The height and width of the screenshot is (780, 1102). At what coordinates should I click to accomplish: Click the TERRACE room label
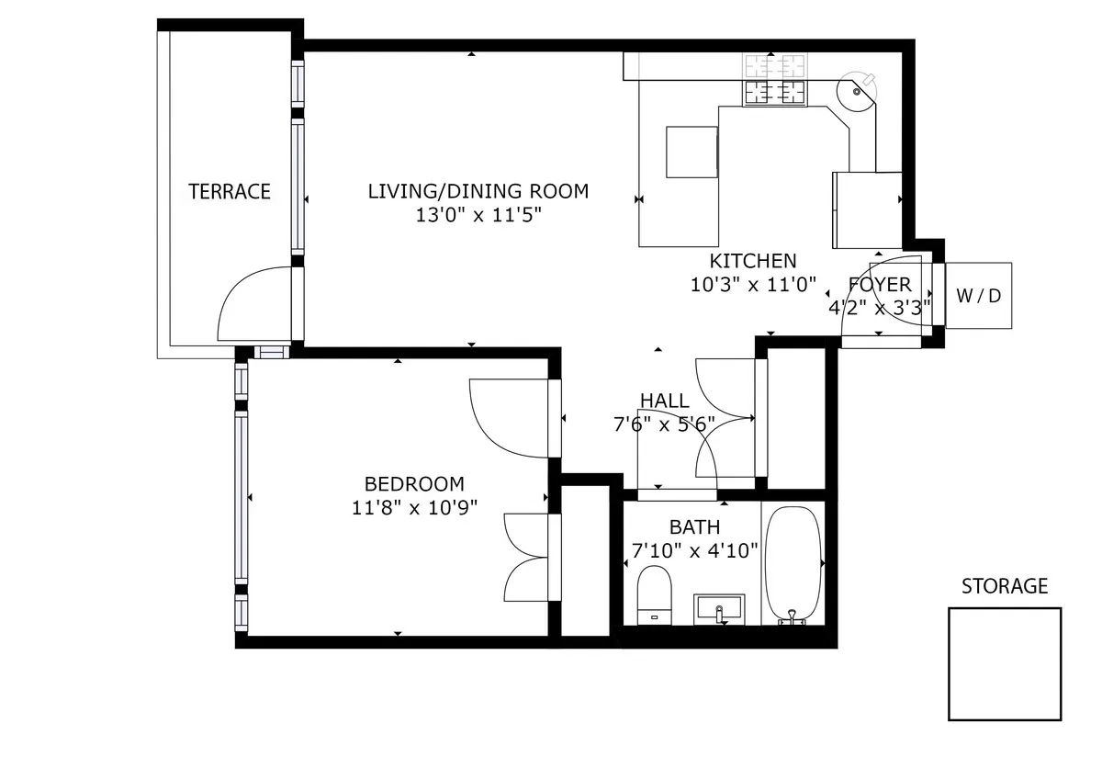tap(230, 191)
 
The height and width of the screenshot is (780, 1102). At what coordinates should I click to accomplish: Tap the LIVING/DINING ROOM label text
tap(478, 191)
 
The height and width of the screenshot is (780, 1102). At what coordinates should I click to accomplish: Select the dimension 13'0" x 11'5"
tap(478, 216)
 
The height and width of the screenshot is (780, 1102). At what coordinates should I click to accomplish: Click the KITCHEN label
tap(753, 260)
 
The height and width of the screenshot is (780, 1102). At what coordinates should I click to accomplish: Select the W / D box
tap(978, 296)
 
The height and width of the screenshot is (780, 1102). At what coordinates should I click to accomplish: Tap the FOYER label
tap(879, 284)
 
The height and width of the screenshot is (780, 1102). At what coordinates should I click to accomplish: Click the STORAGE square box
tap(1004, 663)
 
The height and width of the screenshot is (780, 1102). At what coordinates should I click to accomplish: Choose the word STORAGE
tap(1004, 586)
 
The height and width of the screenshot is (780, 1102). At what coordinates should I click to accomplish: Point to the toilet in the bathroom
tap(655, 593)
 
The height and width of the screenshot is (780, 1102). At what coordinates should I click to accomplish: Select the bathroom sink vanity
tap(719, 608)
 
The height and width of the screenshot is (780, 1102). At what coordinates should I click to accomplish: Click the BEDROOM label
tap(414, 483)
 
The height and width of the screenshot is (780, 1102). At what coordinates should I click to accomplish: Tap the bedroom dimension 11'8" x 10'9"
tap(414, 507)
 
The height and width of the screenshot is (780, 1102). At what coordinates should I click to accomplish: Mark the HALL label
tap(664, 400)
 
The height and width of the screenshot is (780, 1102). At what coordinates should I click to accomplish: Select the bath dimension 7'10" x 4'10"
tap(694, 551)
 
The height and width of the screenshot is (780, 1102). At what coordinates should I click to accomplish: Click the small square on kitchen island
tap(692, 152)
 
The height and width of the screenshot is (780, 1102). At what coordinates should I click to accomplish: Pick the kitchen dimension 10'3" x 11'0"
tap(753, 285)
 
